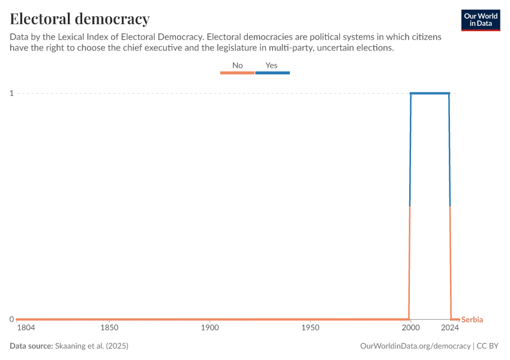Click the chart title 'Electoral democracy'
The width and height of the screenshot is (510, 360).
[80, 19]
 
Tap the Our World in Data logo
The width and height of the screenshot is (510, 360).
[481, 20]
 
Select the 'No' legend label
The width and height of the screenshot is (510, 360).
[238, 65]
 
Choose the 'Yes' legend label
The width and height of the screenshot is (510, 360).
[271, 65]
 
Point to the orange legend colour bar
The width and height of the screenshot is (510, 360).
[238, 73]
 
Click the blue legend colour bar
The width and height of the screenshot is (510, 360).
[272, 73]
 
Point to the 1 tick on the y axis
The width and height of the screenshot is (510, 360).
[11, 93]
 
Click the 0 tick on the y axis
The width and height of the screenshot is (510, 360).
[11, 319]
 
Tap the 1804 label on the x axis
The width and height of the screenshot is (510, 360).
[26, 328]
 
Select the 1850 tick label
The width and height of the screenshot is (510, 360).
[109, 328]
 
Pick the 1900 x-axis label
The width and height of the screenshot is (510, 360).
[209, 328]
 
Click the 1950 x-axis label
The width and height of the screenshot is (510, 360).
[310, 328]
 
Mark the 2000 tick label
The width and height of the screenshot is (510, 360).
[410, 328]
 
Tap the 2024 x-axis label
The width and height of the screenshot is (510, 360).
[451, 328]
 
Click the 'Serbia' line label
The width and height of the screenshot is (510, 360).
[472, 320]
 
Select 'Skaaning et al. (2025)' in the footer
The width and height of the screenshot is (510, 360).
[91, 346]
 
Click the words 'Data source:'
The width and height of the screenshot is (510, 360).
[31, 346]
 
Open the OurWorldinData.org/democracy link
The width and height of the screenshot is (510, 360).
[415, 346]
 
